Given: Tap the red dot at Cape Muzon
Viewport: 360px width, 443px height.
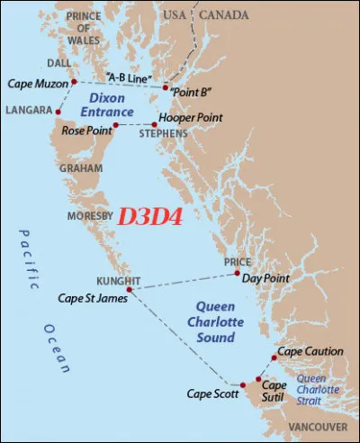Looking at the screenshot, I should [74, 81].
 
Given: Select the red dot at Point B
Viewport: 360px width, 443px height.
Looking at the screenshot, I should [166, 87].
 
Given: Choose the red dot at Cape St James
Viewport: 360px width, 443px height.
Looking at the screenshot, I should [130, 290].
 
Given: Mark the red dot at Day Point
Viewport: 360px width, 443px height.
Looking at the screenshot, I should [238, 273].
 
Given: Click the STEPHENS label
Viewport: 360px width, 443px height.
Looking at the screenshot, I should [163, 133].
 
